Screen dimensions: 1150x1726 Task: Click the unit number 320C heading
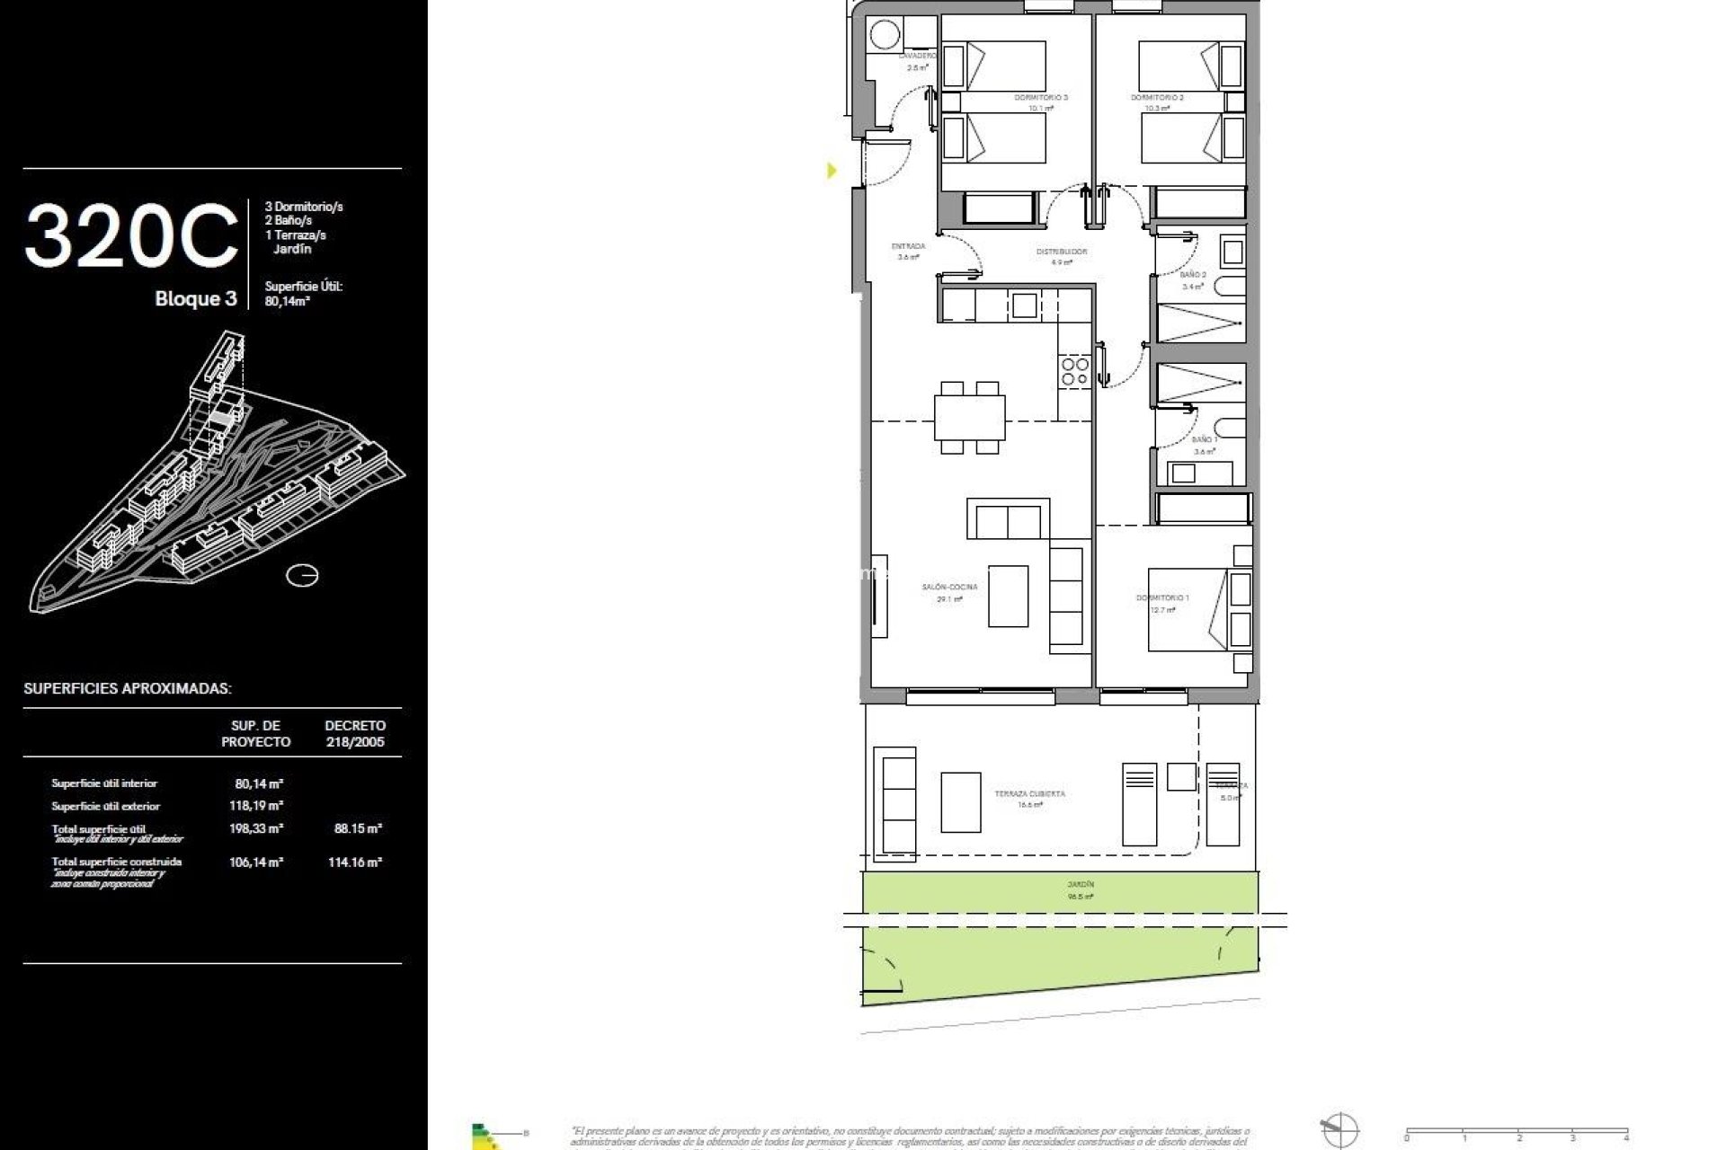point(131,237)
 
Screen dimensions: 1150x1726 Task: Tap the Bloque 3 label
point(195,299)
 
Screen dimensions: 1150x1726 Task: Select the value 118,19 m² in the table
point(256,806)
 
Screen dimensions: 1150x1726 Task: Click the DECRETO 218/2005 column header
point(355,733)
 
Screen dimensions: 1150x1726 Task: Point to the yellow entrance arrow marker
point(832,170)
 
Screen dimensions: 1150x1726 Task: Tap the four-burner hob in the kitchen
point(1074,371)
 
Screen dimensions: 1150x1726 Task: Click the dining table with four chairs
point(968,417)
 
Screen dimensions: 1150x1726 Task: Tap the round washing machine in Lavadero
point(884,35)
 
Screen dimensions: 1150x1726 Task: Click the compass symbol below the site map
point(302,575)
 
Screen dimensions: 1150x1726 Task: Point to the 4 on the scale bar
point(1626,1137)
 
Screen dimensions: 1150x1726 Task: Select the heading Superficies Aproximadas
point(127,689)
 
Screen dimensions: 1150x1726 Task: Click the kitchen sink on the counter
point(1024,305)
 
